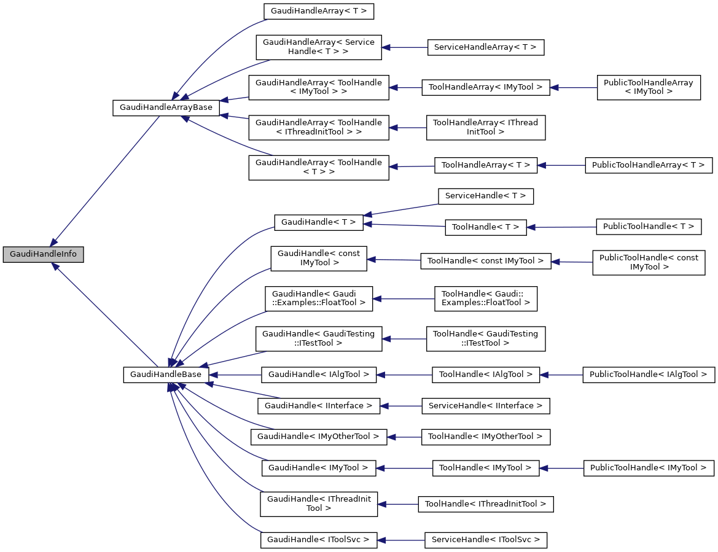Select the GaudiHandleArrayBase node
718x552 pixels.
166,107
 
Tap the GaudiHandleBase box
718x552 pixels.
166,375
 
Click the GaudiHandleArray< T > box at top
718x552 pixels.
318,11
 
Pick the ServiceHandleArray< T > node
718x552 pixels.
485,47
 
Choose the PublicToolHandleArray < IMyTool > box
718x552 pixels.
649,87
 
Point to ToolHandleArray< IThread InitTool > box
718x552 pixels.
485,127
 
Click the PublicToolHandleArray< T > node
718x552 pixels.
649,165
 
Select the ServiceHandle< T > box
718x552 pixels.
485,196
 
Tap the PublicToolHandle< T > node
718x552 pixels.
649,227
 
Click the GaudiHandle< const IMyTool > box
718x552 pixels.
319,258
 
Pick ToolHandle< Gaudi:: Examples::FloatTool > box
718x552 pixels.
485,298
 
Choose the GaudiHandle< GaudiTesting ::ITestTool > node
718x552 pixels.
318,338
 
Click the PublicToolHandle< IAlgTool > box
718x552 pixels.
649,374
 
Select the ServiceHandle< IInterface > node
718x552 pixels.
485,406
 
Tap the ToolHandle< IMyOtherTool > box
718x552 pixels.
485,437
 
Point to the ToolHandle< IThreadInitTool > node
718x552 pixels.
485,504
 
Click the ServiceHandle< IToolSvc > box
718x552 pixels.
485,540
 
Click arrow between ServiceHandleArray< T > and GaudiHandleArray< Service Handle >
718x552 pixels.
404,47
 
